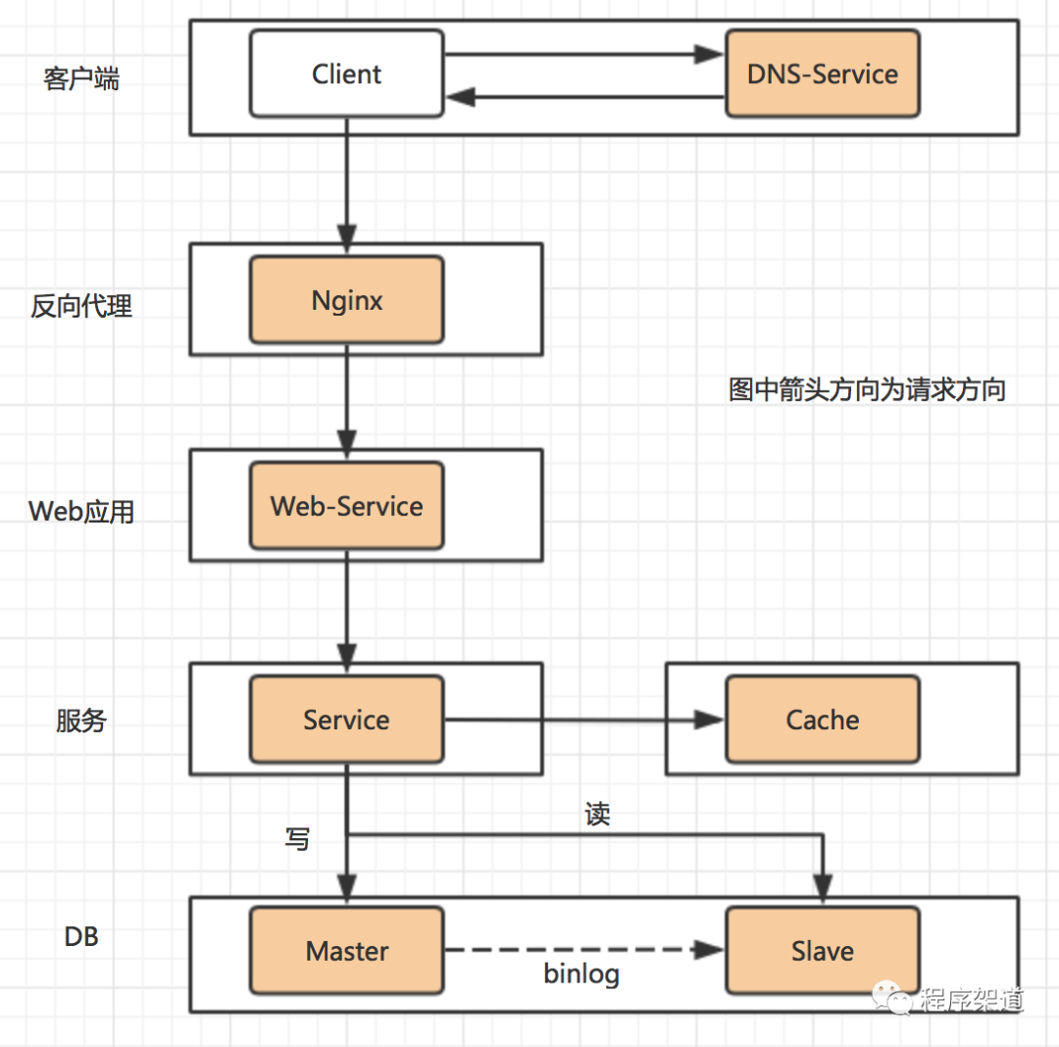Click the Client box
coord(346,74)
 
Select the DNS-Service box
coord(822,74)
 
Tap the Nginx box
coord(346,300)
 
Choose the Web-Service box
coord(346,506)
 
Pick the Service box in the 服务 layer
coord(346,720)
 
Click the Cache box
coord(822,720)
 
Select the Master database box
coord(346,951)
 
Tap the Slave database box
coord(822,951)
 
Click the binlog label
coord(581,974)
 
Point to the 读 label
coord(597,815)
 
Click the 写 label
coord(297,839)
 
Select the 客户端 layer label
coord(81,78)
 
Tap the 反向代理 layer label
coord(81,306)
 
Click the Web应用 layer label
coord(81,511)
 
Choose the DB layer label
coord(81,936)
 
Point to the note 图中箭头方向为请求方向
coord(867,390)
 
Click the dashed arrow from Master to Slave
coord(583,950)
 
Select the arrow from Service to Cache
coord(583,720)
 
